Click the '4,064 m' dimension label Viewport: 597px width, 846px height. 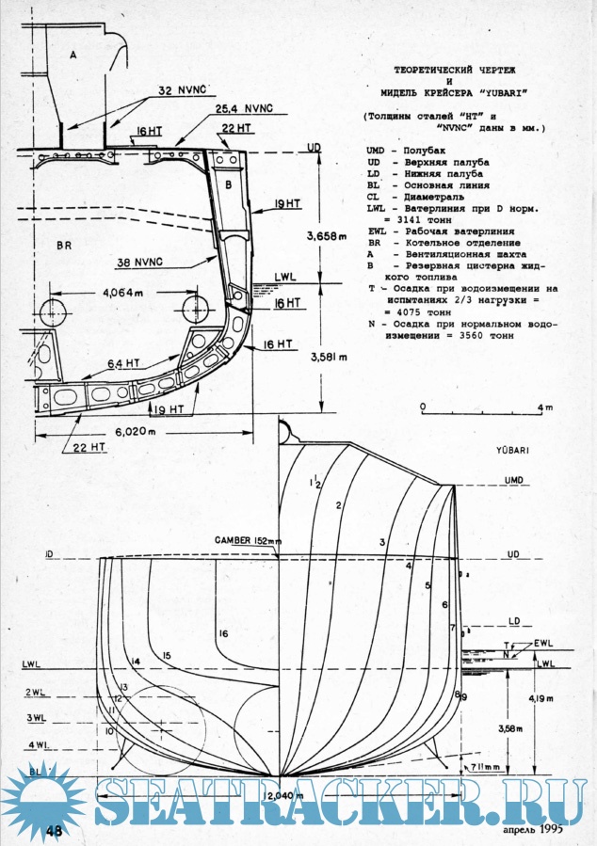point(122,293)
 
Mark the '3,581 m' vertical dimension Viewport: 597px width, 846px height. point(326,356)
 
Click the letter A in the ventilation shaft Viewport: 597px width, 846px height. point(73,56)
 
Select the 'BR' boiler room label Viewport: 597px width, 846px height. point(64,246)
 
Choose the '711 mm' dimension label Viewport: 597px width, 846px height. point(487,768)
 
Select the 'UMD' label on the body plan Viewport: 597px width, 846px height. point(513,480)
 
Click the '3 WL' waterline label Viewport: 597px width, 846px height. point(36,717)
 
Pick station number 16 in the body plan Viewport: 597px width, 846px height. point(223,633)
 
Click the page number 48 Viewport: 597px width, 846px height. point(54,830)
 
